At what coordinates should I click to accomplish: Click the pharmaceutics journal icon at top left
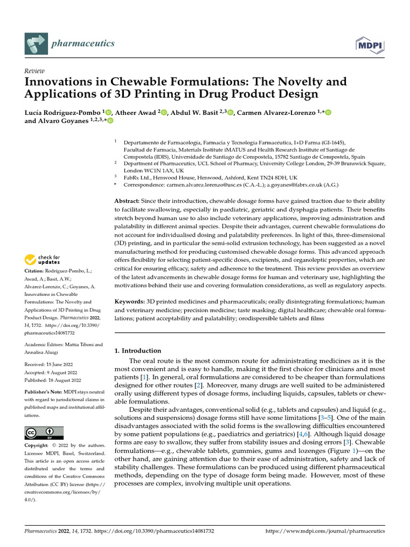click(35, 43)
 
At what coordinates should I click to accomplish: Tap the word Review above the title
click(35, 71)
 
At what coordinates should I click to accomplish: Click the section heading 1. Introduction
click(138, 351)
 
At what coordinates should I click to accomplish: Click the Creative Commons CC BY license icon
click(44, 433)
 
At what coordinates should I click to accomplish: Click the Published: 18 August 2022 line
click(53, 380)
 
